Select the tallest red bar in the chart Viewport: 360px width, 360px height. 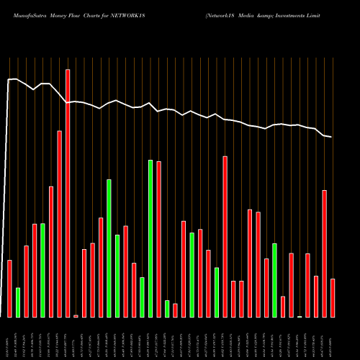pos(68,193)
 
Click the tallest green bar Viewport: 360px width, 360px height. pos(150,238)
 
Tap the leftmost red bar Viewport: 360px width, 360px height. pos(9,288)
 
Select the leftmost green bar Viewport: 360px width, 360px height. pos(18,302)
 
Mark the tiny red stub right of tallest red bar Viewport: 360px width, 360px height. pos(76,316)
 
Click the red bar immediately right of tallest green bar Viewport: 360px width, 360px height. pos(158,239)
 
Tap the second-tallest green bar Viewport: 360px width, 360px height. pos(109,248)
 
